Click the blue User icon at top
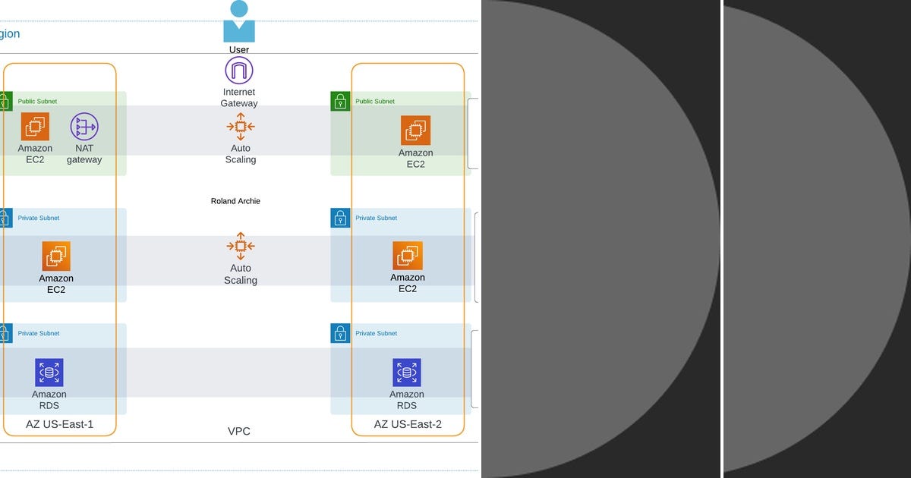tap(239, 22)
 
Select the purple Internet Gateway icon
tap(239, 71)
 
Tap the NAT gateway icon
tap(84, 126)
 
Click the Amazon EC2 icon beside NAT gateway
tap(35, 126)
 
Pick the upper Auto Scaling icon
tap(241, 126)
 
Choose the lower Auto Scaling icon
tap(241, 246)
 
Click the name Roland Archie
tap(235, 201)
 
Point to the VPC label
tap(239, 431)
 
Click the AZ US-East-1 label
tap(59, 424)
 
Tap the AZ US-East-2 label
tap(408, 424)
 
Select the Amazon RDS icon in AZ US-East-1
tap(49, 373)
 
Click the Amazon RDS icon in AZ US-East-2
tap(407, 373)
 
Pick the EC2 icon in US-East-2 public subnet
tap(415, 131)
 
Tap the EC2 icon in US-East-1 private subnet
tap(56, 256)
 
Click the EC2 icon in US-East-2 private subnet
tap(408, 256)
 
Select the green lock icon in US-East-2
tap(340, 101)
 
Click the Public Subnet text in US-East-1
tap(37, 101)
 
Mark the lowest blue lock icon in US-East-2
tap(340, 333)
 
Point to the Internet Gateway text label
tap(239, 98)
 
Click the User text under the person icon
tap(239, 50)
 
